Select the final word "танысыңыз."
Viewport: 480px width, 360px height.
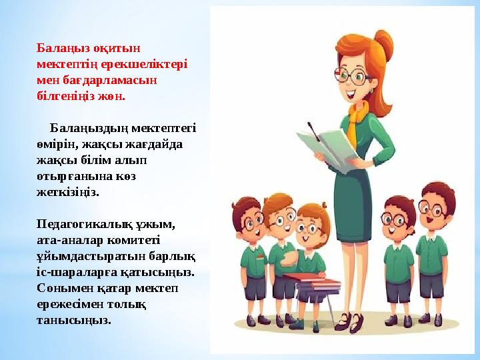pyautogui.click(x=74, y=319)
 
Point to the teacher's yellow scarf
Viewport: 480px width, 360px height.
pyautogui.click(x=358, y=117)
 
